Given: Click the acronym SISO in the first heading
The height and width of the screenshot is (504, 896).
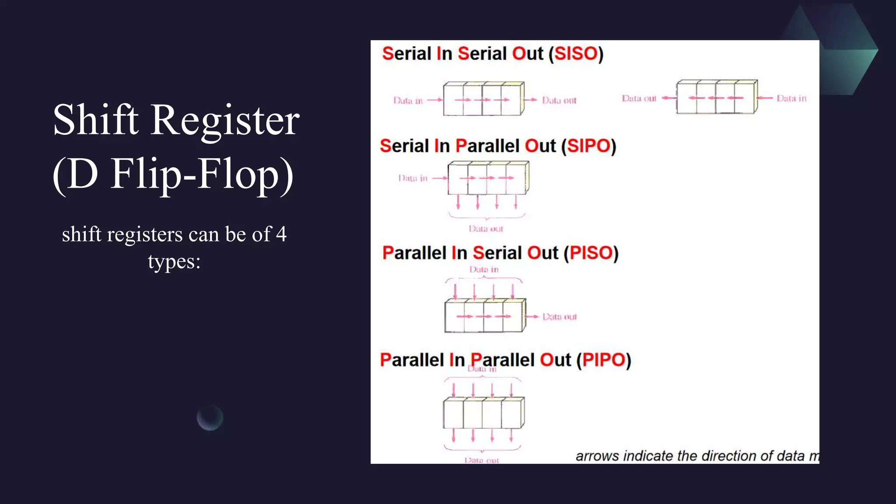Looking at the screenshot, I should pos(576,54).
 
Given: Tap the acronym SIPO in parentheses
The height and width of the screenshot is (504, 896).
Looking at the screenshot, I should pos(588,146).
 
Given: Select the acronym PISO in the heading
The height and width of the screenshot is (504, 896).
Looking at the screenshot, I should pos(591,253).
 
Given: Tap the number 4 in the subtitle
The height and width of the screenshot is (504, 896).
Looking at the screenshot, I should pos(281,234).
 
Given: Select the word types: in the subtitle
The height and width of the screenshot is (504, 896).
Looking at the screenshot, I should pos(174,262).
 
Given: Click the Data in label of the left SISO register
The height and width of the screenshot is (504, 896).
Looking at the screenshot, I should pos(408,101).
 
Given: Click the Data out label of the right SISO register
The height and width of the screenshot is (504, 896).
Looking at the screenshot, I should pos(639,98).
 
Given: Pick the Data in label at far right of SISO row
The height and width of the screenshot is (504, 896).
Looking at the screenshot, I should pos(791,98).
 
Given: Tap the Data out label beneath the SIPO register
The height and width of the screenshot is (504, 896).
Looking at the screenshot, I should pos(486,229).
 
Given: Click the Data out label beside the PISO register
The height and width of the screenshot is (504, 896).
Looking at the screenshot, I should pos(560,317).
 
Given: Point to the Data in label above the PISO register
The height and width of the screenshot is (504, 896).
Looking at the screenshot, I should pos(484,269).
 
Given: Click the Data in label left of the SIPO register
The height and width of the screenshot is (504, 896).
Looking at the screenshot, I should pos(413,178).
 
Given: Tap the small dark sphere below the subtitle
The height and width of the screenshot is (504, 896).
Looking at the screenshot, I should pos(210,418).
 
